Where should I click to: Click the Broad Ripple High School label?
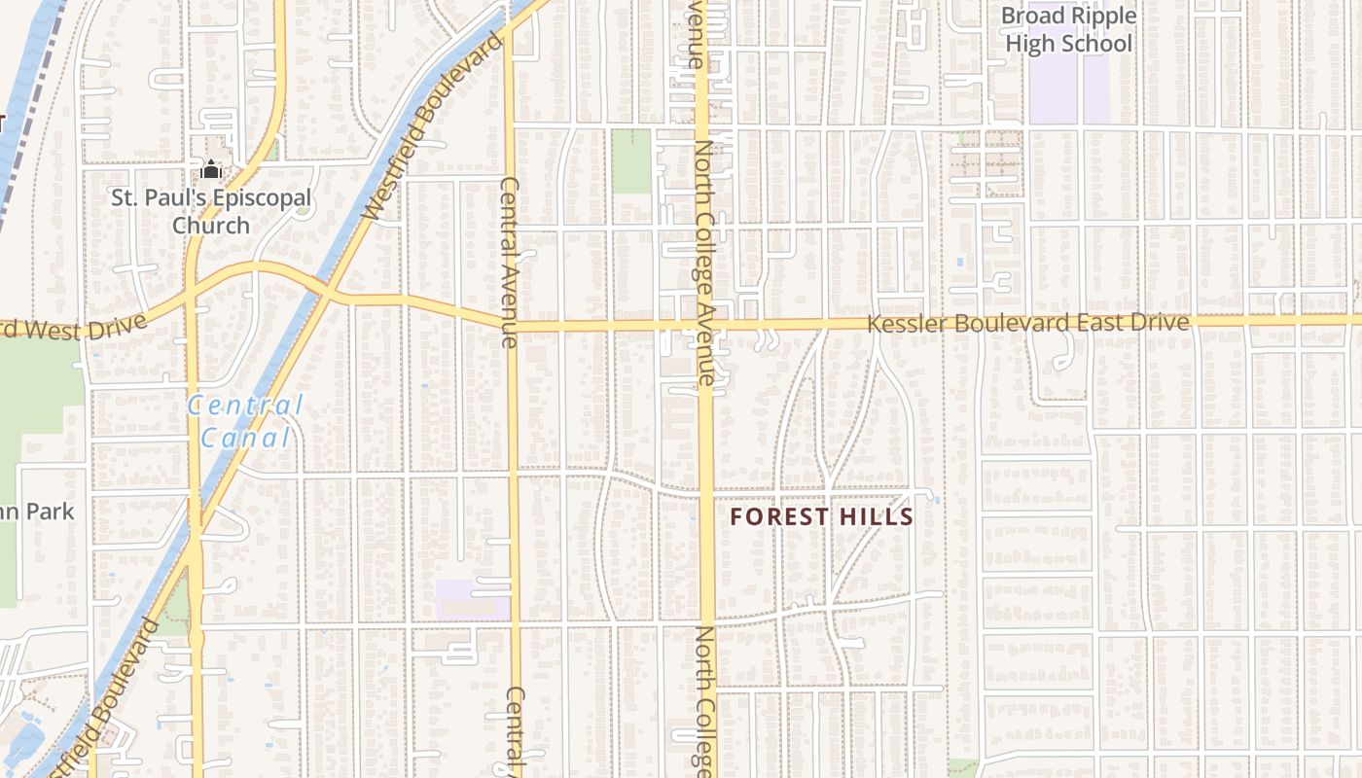coord(1068,30)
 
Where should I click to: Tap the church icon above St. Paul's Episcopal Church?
coord(211,170)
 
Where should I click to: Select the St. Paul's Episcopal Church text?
coord(210,211)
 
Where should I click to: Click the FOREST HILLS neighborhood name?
coord(822,516)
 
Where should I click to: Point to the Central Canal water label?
coord(245,421)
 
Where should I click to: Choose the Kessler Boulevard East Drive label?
coord(1027,323)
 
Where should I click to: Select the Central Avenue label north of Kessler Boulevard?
coord(509,262)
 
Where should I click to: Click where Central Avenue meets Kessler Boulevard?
coord(510,324)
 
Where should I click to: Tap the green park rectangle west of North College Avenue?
coord(630,160)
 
